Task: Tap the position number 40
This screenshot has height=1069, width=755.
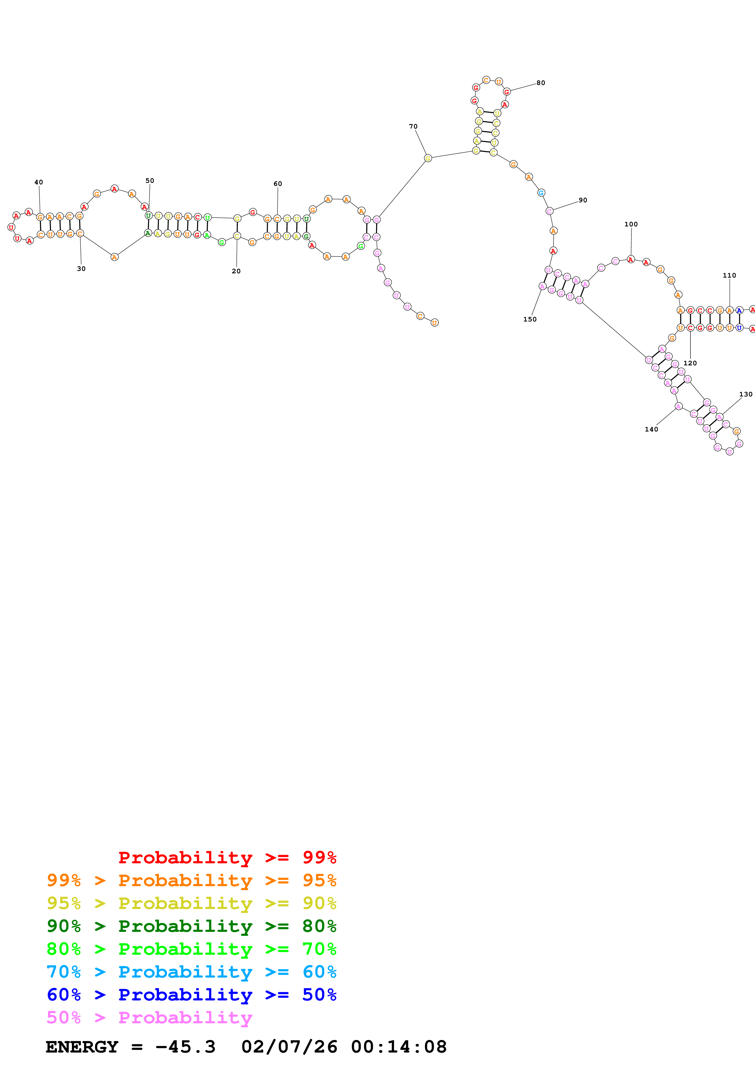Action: click(39, 182)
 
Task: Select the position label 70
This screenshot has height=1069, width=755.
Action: click(413, 126)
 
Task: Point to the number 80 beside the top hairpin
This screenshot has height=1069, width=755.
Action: click(541, 83)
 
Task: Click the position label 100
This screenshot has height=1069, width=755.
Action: click(631, 224)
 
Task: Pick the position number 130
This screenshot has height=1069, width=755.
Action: click(745, 394)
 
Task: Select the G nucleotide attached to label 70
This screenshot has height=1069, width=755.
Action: click(428, 158)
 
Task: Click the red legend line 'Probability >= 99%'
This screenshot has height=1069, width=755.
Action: click(227, 858)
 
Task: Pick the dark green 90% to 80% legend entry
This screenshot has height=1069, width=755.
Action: click(191, 926)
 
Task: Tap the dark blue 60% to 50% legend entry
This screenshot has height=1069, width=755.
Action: click(191, 995)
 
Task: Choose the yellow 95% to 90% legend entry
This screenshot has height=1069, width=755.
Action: click(191, 903)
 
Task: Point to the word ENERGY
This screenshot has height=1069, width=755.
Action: click(82, 1047)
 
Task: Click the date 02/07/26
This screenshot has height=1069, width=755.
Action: click(289, 1047)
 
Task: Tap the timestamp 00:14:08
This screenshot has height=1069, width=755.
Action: click(399, 1047)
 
